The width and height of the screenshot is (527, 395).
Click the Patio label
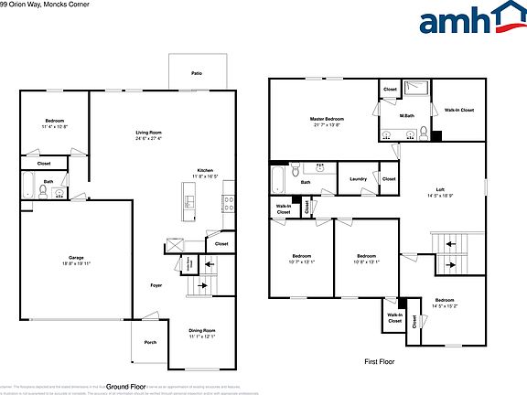tap(197, 72)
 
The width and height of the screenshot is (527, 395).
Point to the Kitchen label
tap(205, 170)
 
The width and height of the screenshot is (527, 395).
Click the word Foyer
tap(156, 286)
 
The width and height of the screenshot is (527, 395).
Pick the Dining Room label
tap(202, 330)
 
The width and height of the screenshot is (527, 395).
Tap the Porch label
tap(150, 344)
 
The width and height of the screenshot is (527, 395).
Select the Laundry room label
tap(358, 179)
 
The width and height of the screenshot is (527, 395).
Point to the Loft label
tap(441, 190)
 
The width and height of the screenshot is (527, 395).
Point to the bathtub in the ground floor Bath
tap(27, 187)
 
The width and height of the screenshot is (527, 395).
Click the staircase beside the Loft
tap(448, 252)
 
